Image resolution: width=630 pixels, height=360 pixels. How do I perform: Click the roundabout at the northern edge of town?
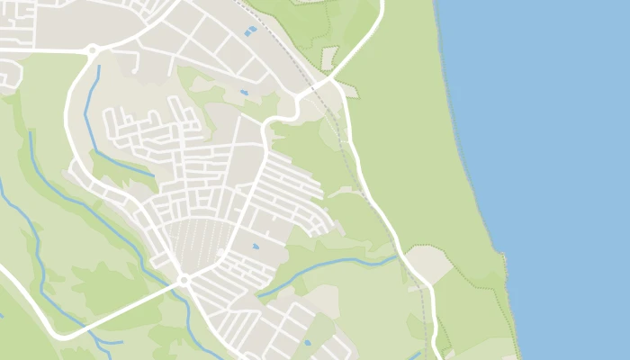point(92,51)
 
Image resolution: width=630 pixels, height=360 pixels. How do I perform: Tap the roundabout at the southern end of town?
point(183,281)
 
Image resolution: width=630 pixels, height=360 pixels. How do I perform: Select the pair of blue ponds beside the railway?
point(250,31)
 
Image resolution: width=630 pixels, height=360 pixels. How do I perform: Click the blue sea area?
point(558,162)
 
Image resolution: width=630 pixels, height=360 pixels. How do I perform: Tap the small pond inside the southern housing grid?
point(255,246)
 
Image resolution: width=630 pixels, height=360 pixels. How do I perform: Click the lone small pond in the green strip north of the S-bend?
point(244,92)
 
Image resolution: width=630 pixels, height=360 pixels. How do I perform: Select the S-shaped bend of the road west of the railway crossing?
point(279,117)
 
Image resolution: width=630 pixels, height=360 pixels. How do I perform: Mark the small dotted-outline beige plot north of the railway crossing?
point(329,57)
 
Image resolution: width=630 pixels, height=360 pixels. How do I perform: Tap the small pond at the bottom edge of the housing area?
point(308,342)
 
